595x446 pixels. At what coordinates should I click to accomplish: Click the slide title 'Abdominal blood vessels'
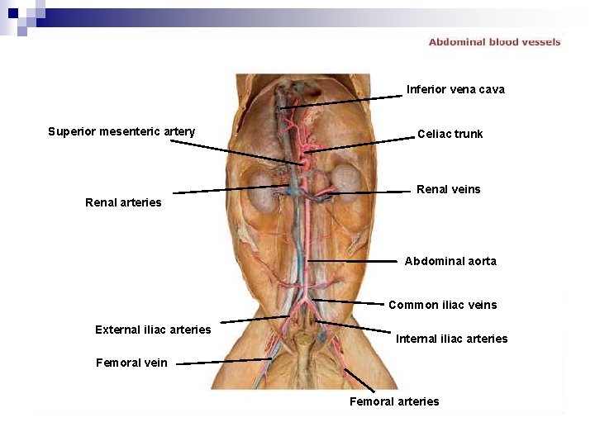pos(494,42)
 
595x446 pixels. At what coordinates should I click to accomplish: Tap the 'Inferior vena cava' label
pos(455,89)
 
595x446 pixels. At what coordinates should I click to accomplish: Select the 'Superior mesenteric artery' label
pos(121,131)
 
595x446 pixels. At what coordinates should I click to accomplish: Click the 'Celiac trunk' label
pos(450,134)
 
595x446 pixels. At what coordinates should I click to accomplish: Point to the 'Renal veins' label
pos(448,189)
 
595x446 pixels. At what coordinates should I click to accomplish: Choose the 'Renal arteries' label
pos(123,202)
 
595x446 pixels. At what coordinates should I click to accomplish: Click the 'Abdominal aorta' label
pos(450,261)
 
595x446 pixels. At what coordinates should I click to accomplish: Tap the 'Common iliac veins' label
pos(442,305)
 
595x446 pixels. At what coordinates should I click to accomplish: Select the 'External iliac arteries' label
pos(153,330)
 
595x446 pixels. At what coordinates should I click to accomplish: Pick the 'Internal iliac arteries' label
pos(451,339)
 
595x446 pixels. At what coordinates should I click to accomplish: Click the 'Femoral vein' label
pos(131,363)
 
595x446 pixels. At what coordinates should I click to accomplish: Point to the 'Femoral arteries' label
pos(394,401)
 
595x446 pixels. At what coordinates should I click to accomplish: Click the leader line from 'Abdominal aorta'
pos(355,261)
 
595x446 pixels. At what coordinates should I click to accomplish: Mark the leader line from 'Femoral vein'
pos(223,361)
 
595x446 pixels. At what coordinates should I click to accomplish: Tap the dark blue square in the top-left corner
pos(13,12)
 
